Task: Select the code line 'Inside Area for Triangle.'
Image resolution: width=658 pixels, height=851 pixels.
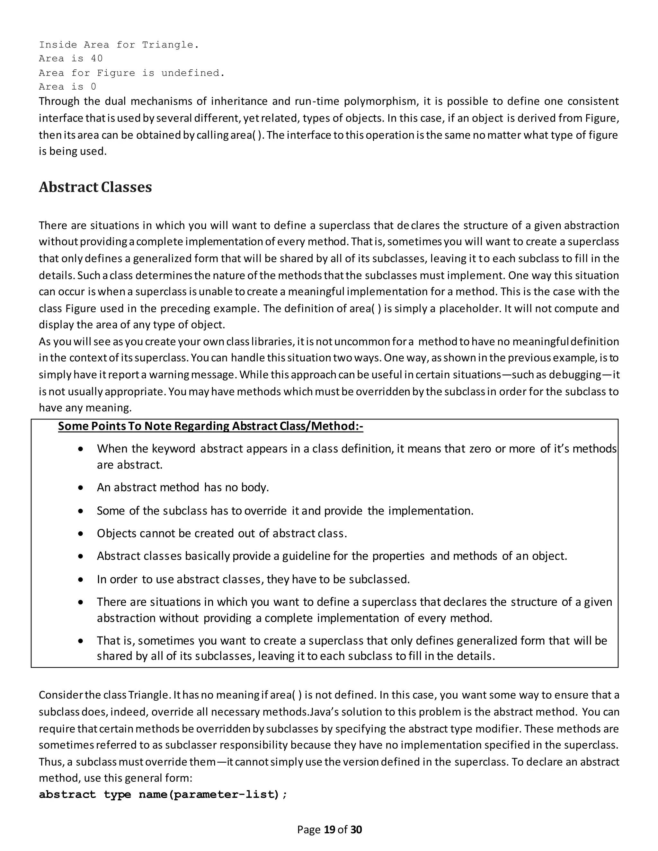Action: (x=119, y=45)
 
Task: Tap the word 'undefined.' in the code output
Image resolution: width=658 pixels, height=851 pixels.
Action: (x=193, y=73)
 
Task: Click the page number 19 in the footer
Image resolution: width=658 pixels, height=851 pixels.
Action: (x=329, y=829)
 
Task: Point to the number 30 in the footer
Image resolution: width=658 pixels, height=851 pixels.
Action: (x=356, y=829)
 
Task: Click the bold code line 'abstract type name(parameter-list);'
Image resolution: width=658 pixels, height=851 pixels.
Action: (x=163, y=794)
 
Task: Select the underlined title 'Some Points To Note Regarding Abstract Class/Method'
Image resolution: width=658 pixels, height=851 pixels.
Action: (x=210, y=426)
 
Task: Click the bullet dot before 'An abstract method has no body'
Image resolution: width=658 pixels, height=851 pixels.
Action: (x=80, y=487)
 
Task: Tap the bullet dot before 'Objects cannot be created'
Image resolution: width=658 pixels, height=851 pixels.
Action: (x=80, y=533)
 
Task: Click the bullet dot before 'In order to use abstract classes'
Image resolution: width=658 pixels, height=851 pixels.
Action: (x=80, y=580)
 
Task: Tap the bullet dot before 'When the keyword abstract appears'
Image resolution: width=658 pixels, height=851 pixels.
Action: (x=80, y=449)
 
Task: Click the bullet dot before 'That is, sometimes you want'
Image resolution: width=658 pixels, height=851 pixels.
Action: (x=80, y=641)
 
